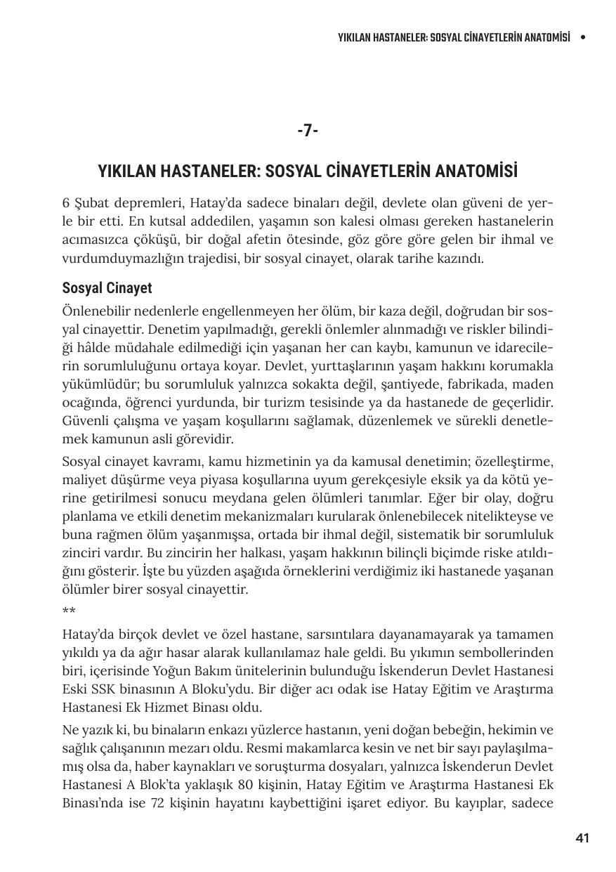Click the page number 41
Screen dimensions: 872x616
point(582,838)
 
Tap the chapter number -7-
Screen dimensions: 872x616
point(308,131)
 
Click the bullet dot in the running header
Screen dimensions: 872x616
point(582,37)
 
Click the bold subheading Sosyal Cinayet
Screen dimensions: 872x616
point(107,288)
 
